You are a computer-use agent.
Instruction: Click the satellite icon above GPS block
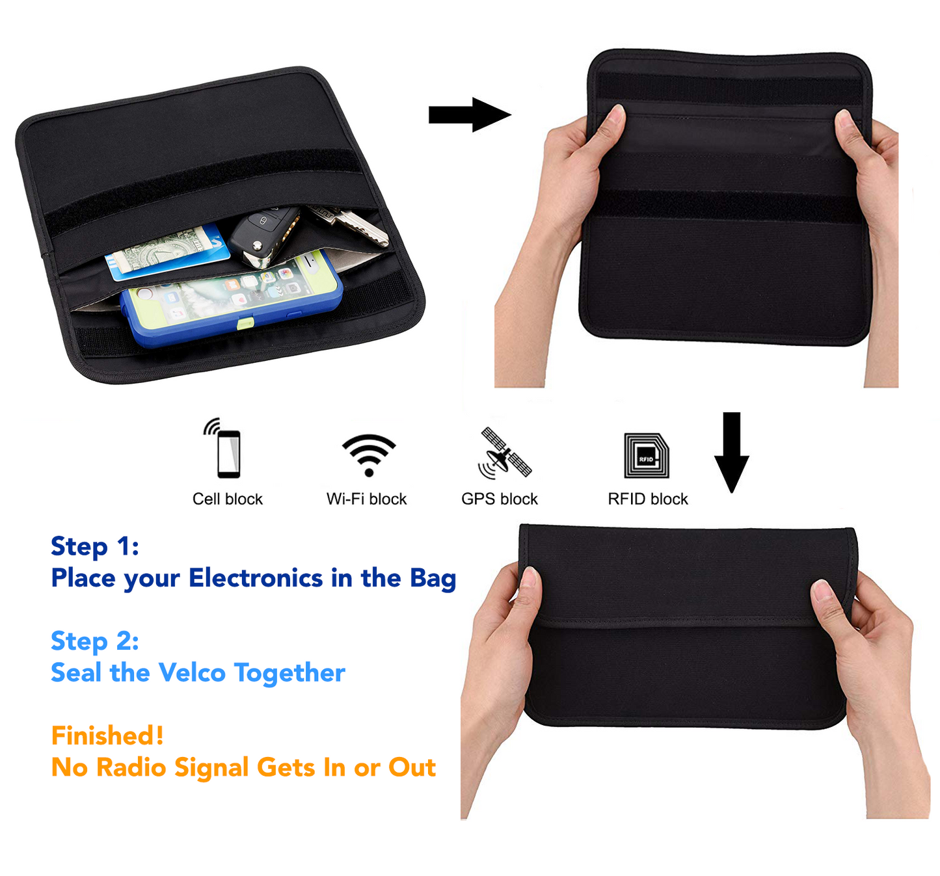point(505,453)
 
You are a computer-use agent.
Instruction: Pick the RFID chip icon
point(647,456)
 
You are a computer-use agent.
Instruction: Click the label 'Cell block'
point(228,499)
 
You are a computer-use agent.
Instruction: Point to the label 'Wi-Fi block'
point(366,499)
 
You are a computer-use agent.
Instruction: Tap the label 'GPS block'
point(500,499)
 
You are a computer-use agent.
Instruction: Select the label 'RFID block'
point(648,499)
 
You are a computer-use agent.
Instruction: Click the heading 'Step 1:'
point(95,547)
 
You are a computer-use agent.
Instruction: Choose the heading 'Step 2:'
point(95,642)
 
